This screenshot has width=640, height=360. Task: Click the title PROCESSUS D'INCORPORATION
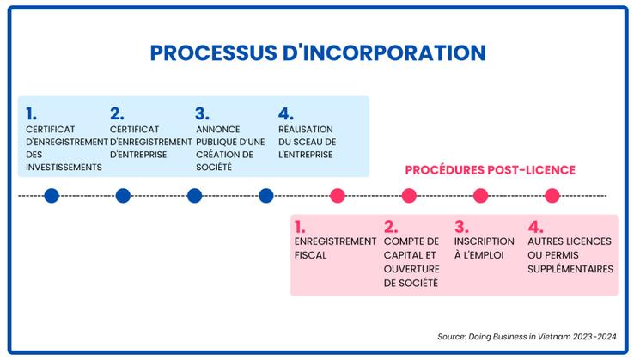tap(318, 52)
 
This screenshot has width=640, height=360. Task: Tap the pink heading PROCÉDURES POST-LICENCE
tap(490, 170)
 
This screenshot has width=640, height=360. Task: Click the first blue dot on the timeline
tap(52, 196)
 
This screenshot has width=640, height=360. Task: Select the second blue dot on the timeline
tap(123, 196)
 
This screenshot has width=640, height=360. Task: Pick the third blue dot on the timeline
tap(195, 196)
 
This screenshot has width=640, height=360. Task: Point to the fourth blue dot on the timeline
tap(266, 196)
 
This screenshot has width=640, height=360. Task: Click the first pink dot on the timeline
tap(338, 196)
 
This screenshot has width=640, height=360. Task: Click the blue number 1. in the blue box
tap(32, 113)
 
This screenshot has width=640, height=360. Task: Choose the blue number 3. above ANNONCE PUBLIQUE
tap(202, 113)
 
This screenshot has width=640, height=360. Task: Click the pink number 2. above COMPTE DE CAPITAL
tap(391, 227)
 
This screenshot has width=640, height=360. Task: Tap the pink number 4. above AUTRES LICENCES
tap(535, 227)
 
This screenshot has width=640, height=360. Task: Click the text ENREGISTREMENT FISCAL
tap(335, 248)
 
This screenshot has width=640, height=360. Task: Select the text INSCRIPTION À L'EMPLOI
tap(485, 248)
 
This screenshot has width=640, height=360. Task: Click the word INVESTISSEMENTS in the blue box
tap(64, 167)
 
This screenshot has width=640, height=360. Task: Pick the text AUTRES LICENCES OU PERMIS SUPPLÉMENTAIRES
tap(570, 255)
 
